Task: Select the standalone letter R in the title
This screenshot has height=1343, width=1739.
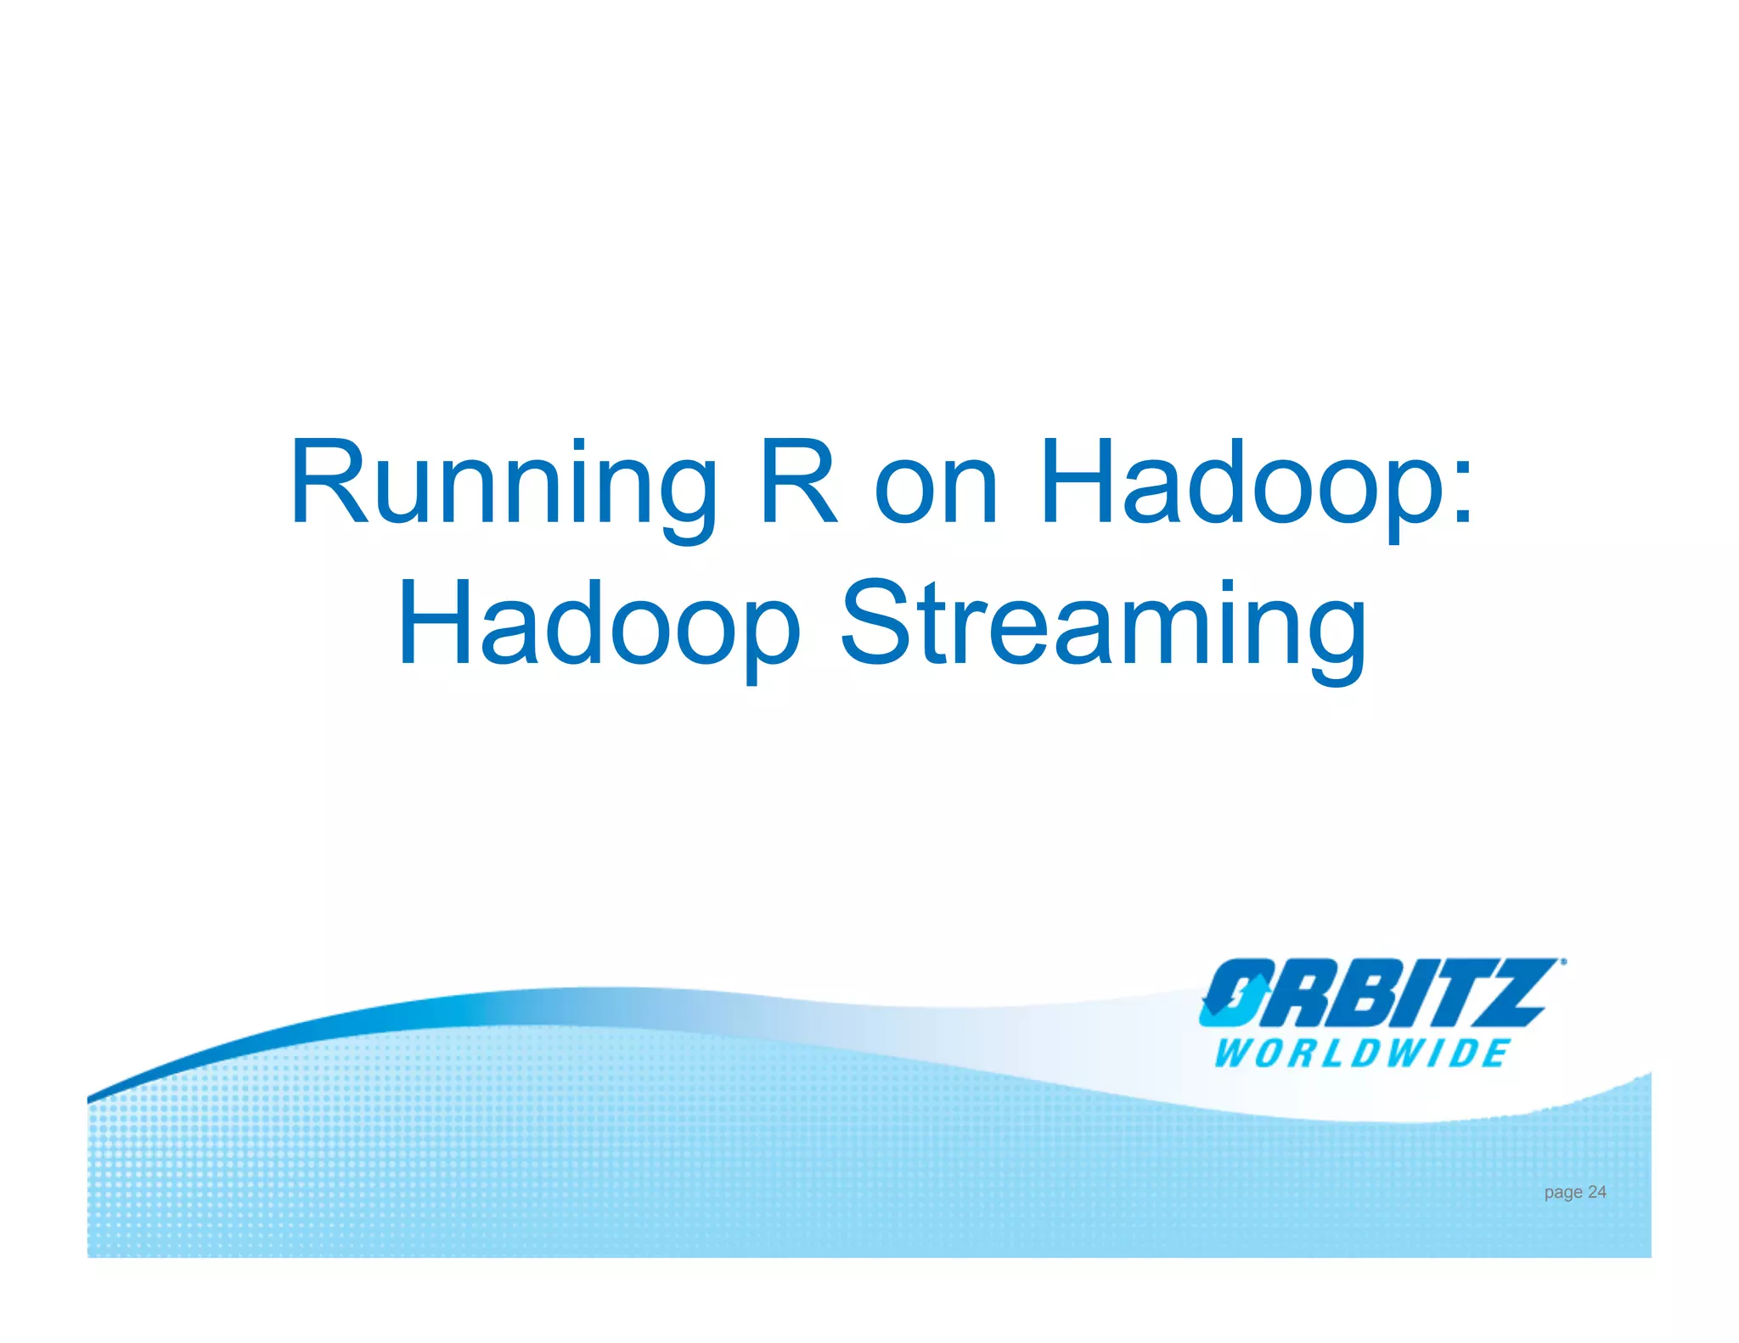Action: pyautogui.click(x=799, y=482)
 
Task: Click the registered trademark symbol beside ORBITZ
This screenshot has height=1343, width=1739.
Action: pyautogui.click(x=1563, y=963)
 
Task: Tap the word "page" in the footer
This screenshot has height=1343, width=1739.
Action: pyautogui.click(x=1562, y=1193)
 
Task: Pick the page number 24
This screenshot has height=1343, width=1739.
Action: pyautogui.click(x=1596, y=1192)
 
